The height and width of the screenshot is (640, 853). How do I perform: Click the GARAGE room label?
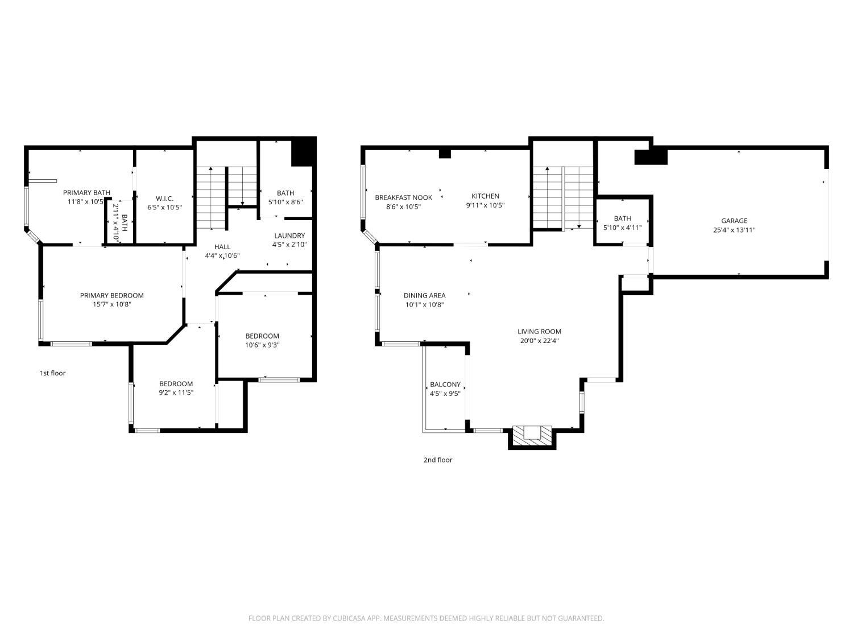[734, 221]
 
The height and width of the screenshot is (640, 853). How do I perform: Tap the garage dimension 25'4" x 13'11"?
[734, 230]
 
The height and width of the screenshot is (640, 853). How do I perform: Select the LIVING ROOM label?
[539, 332]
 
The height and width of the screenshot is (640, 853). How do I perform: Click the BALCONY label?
[445, 385]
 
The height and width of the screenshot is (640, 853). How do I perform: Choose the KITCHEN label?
[486, 196]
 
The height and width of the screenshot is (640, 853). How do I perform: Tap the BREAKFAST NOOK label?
[403, 198]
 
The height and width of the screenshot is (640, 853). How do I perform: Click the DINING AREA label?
[424, 295]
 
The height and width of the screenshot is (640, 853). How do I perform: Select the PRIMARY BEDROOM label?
[112, 295]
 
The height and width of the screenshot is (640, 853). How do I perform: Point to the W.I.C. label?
[164, 199]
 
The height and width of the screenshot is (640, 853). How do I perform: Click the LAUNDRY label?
[289, 236]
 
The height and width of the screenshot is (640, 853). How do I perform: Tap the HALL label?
[222, 247]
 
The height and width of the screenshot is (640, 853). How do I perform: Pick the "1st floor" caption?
[52, 373]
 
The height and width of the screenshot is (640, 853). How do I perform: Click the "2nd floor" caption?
[438, 460]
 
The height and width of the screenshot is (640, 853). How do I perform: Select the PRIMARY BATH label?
[86, 193]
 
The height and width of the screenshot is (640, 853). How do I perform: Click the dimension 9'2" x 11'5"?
[176, 393]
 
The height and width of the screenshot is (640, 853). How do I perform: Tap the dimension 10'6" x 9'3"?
[262, 345]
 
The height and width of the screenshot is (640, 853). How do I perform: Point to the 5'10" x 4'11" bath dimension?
[622, 228]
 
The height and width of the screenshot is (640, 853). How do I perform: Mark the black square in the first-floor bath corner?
[303, 152]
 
